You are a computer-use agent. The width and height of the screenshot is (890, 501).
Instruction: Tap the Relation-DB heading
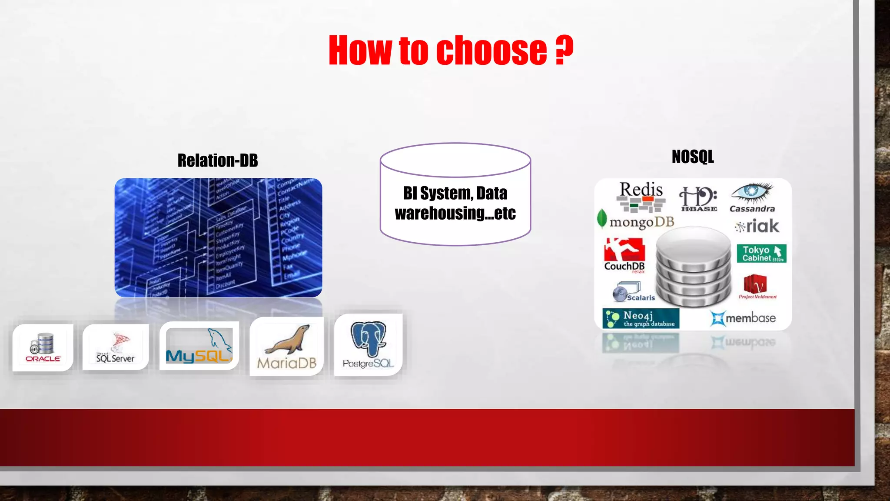tap(218, 160)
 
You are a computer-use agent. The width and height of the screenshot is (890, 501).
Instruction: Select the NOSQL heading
tap(693, 157)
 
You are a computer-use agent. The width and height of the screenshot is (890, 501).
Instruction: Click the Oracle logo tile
tap(43, 347)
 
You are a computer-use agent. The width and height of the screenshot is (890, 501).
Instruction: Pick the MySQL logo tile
tap(199, 346)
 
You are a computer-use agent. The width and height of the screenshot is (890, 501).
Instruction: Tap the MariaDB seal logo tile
tap(287, 346)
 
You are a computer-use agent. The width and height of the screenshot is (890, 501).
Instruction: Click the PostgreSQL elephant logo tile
tap(369, 345)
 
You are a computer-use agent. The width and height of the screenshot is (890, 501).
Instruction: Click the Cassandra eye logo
tap(752, 197)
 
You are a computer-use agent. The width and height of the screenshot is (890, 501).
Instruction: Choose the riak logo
tap(757, 226)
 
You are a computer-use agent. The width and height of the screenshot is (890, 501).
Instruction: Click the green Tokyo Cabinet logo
tap(761, 254)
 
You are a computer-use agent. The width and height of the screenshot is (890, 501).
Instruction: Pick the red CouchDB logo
tap(624, 255)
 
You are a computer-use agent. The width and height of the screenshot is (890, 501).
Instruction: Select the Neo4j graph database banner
tap(641, 319)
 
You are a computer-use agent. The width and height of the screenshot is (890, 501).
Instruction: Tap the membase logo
tap(743, 318)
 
